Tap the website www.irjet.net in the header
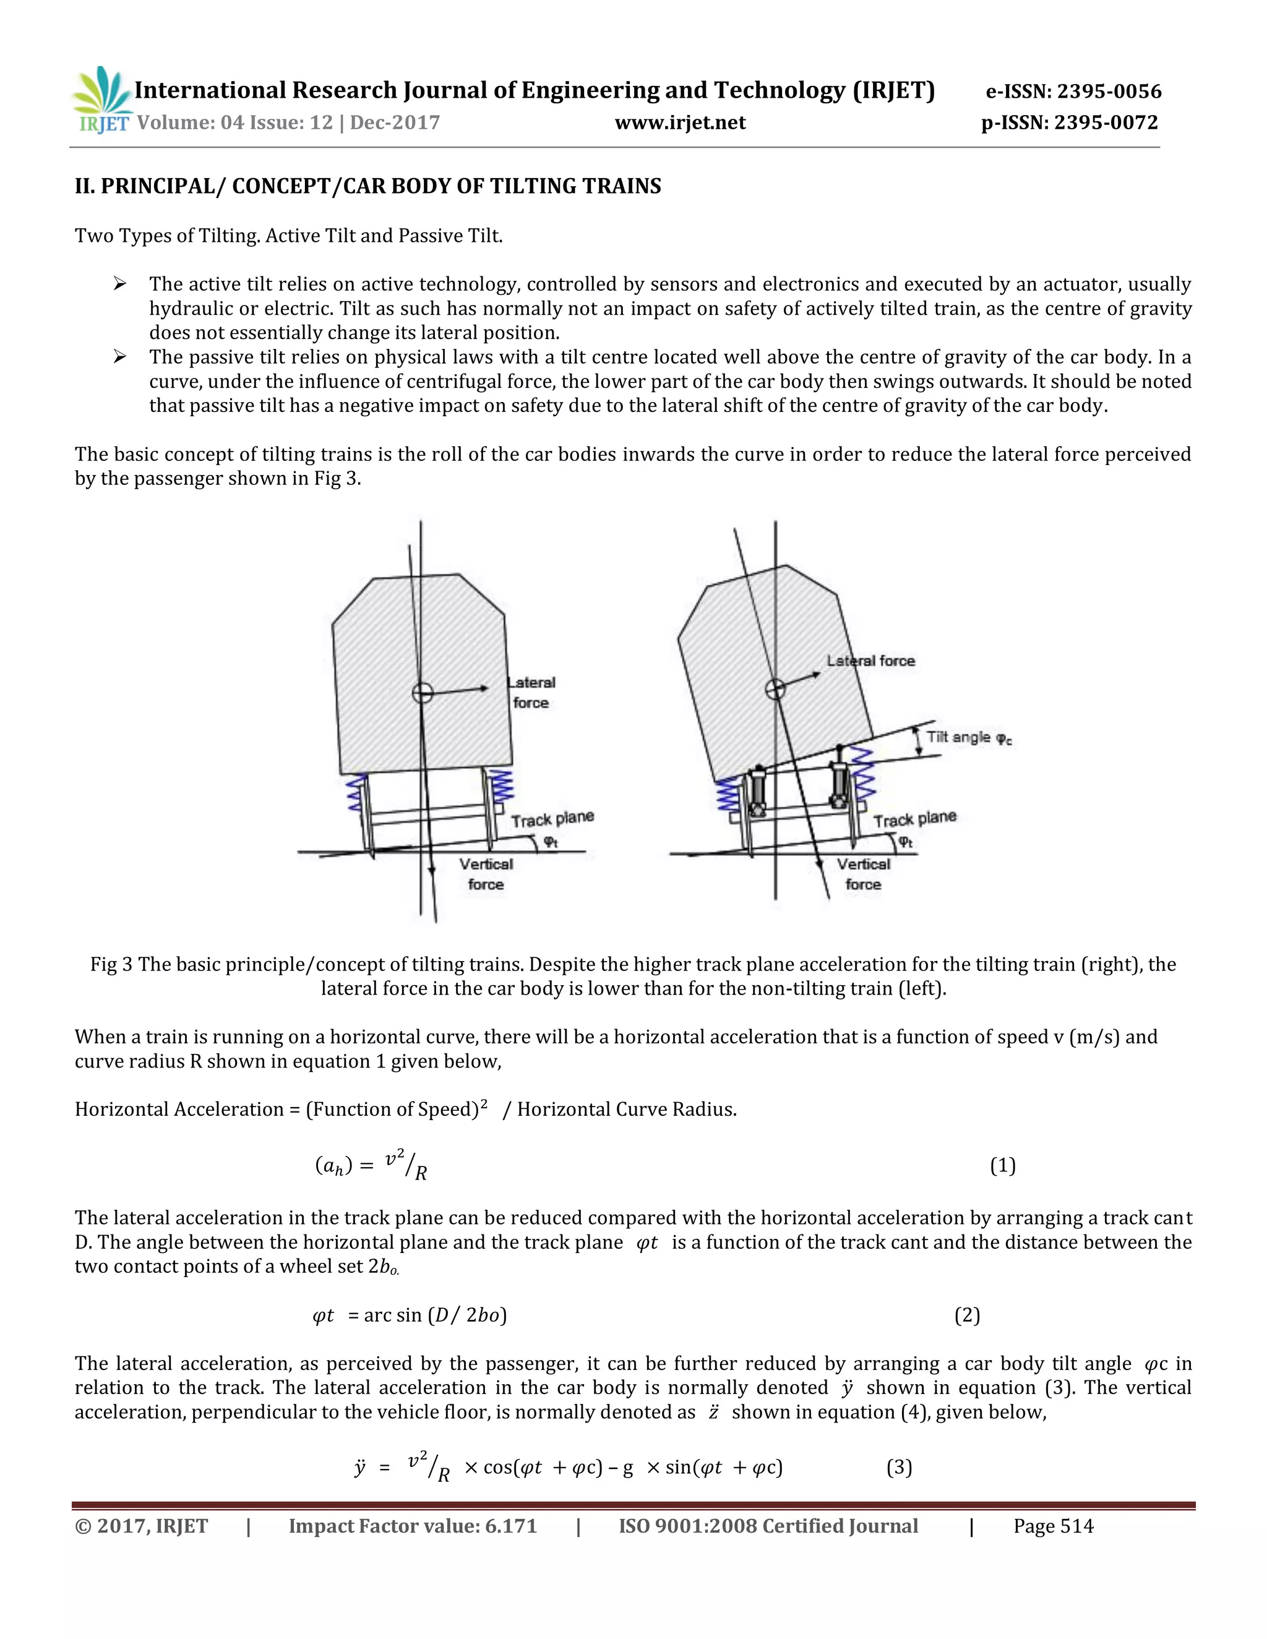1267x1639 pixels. (680, 122)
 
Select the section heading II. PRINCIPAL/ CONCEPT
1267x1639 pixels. (368, 186)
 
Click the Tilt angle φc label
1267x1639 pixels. (969, 737)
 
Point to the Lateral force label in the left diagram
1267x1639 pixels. (531, 692)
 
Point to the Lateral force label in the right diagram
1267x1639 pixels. (870, 661)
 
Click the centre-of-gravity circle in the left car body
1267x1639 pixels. (423, 692)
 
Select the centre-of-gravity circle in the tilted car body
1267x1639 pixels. (775, 688)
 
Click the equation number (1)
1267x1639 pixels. (1002, 1165)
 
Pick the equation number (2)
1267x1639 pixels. (967, 1315)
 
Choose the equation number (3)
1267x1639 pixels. (898, 1467)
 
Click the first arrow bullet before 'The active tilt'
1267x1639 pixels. (119, 284)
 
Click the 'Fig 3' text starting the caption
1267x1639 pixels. (111, 964)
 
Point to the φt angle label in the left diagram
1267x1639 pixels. (551, 842)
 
